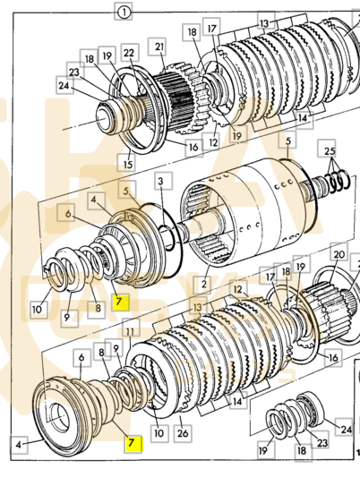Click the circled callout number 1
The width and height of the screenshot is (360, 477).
click(124, 13)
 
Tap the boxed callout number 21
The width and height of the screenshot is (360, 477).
click(159, 47)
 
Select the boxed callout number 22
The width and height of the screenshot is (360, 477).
click(129, 53)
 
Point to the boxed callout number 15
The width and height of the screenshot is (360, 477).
click(128, 164)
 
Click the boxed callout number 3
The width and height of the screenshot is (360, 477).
click(160, 181)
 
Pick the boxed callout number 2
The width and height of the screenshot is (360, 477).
click(203, 284)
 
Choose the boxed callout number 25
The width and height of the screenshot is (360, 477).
click(330, 151)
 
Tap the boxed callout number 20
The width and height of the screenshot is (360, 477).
click(339, 254)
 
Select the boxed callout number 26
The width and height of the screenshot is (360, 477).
click(183, 432)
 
